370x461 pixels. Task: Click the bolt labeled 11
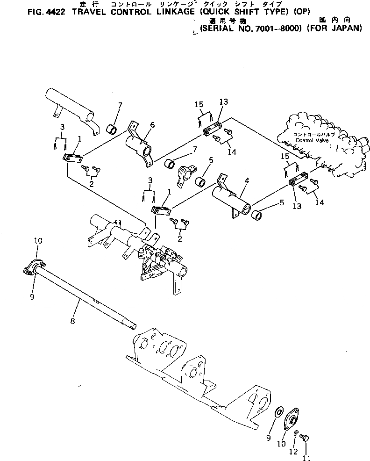304,438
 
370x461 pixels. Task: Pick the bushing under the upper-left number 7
112,128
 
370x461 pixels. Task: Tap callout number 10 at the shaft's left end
38,241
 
